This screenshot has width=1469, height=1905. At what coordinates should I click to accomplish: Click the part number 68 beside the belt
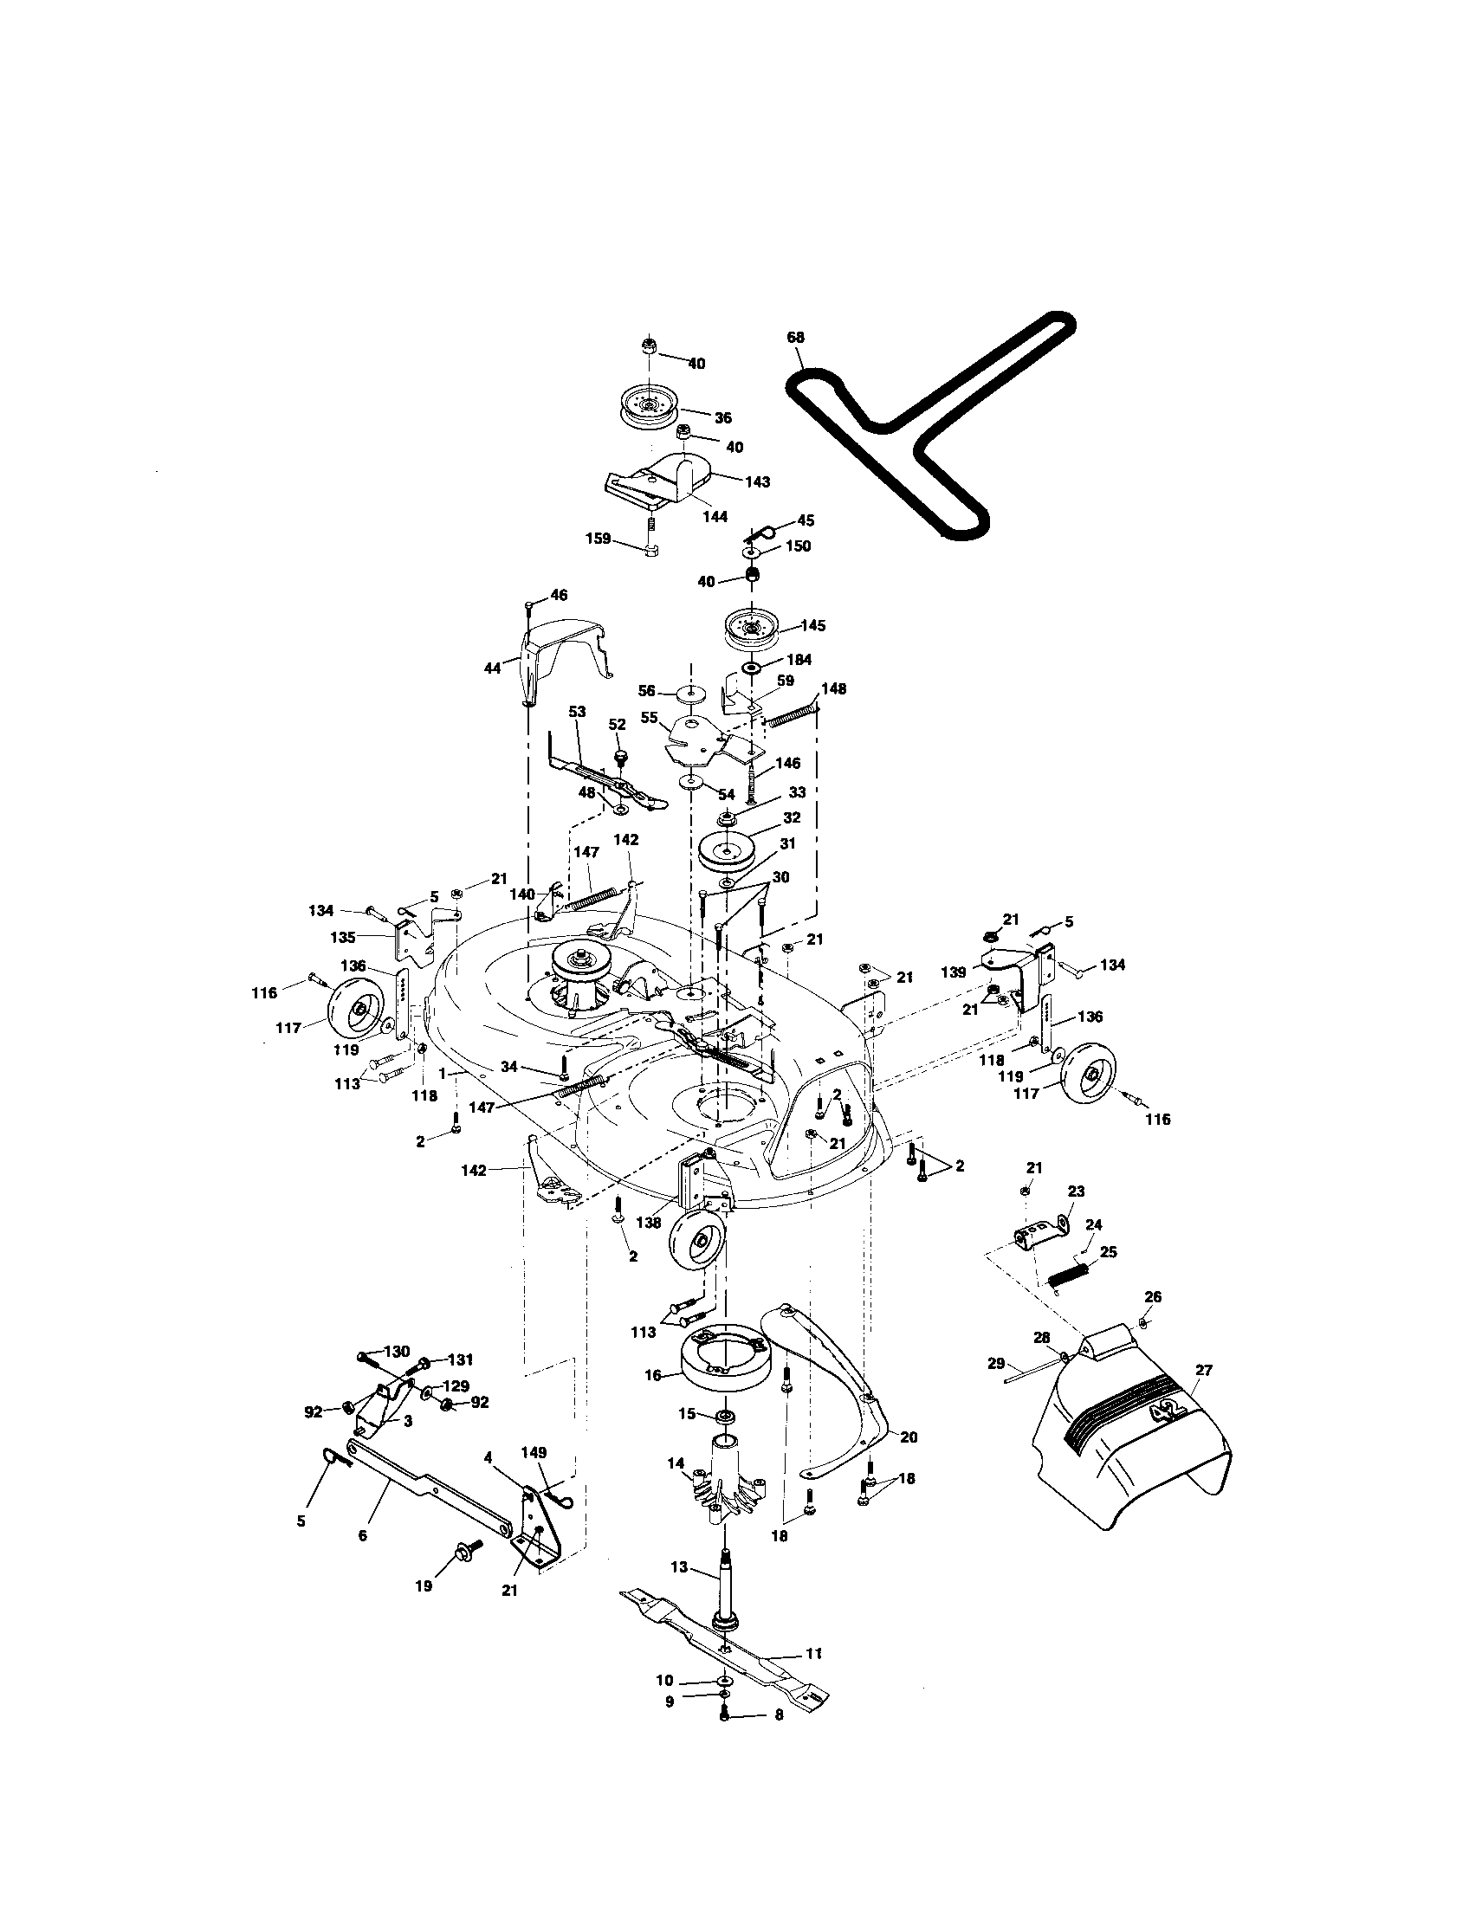click(x=794, y=338)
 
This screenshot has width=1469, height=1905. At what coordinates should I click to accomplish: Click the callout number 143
click(x=757, y=481)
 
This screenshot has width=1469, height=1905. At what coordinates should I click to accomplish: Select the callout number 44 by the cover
click(x=492, y=668)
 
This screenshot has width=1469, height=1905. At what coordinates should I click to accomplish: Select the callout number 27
click(x=1204, y=1371)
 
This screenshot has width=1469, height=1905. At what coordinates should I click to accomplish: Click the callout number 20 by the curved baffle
click(x=908, y=1437)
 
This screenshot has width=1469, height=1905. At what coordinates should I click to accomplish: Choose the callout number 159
click(x=598, y=539)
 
